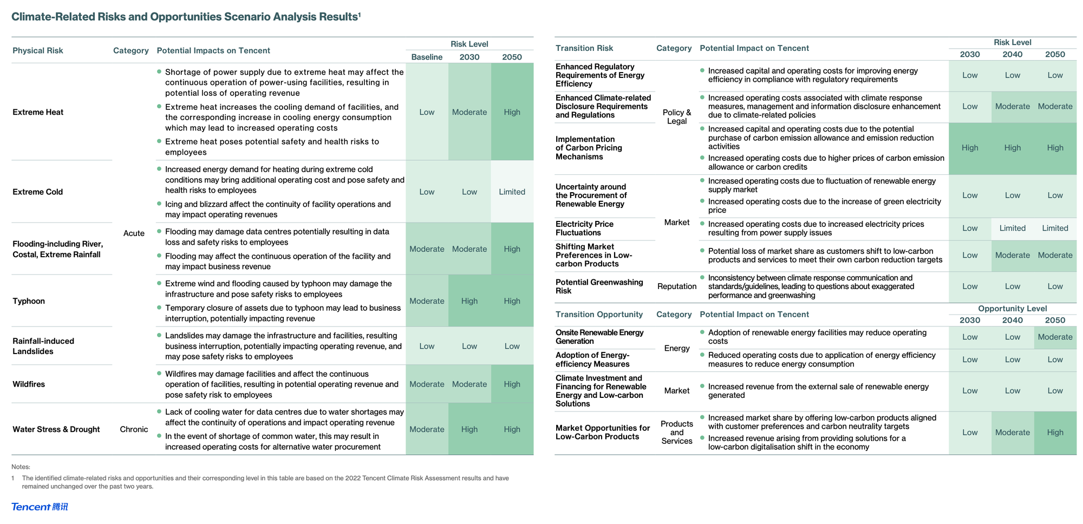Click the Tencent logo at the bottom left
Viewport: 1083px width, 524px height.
click(40, 507)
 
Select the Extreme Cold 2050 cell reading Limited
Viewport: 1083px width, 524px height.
click(512, 192)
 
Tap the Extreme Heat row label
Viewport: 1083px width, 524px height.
click(38, 112)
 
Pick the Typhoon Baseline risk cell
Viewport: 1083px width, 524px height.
click(427, 301)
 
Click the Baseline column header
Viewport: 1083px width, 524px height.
click(427, 57)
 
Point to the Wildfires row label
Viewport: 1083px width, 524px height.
click(29, 384)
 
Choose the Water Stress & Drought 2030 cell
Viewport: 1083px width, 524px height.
click(469, 429)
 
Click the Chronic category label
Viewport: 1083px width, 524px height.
click(134, 429)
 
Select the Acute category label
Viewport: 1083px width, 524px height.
click(134, 233)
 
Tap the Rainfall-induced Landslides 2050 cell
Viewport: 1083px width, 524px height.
click(512, 346)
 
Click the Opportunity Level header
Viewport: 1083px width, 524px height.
click(1012, 309)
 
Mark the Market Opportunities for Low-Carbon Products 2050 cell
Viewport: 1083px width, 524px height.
click(1055, 433)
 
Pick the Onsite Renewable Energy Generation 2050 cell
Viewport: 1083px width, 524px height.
click(1055, 337)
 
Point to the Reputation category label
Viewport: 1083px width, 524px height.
click(677, 286)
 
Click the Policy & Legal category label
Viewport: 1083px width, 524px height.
click(677, 116)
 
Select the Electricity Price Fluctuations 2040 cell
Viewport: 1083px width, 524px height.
click(1012, 228)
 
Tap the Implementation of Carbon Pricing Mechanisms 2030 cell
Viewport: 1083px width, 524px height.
click(970, 148)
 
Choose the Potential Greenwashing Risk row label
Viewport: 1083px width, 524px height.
click(599, 286)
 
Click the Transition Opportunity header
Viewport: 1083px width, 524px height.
click(599, 315)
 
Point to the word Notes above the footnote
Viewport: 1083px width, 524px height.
click(21, 467)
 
